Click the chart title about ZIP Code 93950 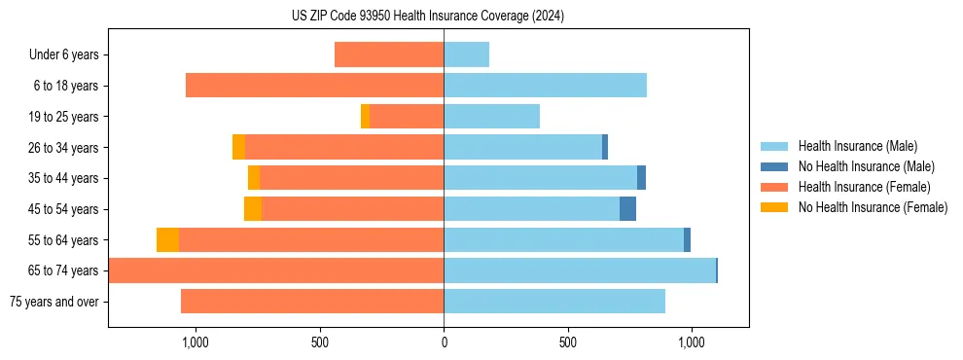428,17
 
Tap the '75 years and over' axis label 54,302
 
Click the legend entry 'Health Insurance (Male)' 857,146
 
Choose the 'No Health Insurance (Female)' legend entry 873,207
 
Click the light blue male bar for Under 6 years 466,54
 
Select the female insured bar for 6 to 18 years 314,86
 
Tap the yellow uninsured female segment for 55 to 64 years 167,240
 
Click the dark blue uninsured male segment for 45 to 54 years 627,209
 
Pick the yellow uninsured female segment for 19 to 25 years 365,117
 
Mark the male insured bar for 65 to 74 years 579,270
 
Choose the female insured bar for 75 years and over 312,302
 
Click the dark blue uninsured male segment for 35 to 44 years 641,178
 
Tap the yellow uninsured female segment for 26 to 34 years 238,147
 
